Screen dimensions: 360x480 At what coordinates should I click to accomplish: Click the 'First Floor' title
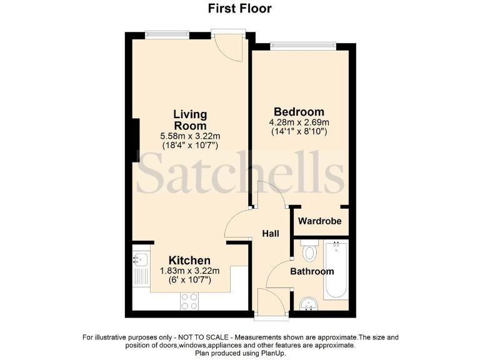[239, 9]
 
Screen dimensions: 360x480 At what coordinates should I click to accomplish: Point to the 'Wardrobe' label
[319, 221]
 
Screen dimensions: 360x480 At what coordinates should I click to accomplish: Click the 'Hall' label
[271, 234]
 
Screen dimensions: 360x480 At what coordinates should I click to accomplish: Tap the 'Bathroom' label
[312, 271]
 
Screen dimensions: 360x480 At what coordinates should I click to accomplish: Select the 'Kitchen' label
[189, 260]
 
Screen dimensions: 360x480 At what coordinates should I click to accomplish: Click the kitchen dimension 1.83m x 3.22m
[189, 271]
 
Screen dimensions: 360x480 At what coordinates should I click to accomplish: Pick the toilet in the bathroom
[309, 252]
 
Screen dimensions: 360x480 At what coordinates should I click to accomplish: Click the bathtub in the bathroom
[336, 272]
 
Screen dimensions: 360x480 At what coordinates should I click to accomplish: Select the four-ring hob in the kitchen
[189, 301]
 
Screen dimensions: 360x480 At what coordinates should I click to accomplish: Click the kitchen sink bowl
[139, 257]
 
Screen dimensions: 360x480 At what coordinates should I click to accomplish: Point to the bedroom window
[302, 44]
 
